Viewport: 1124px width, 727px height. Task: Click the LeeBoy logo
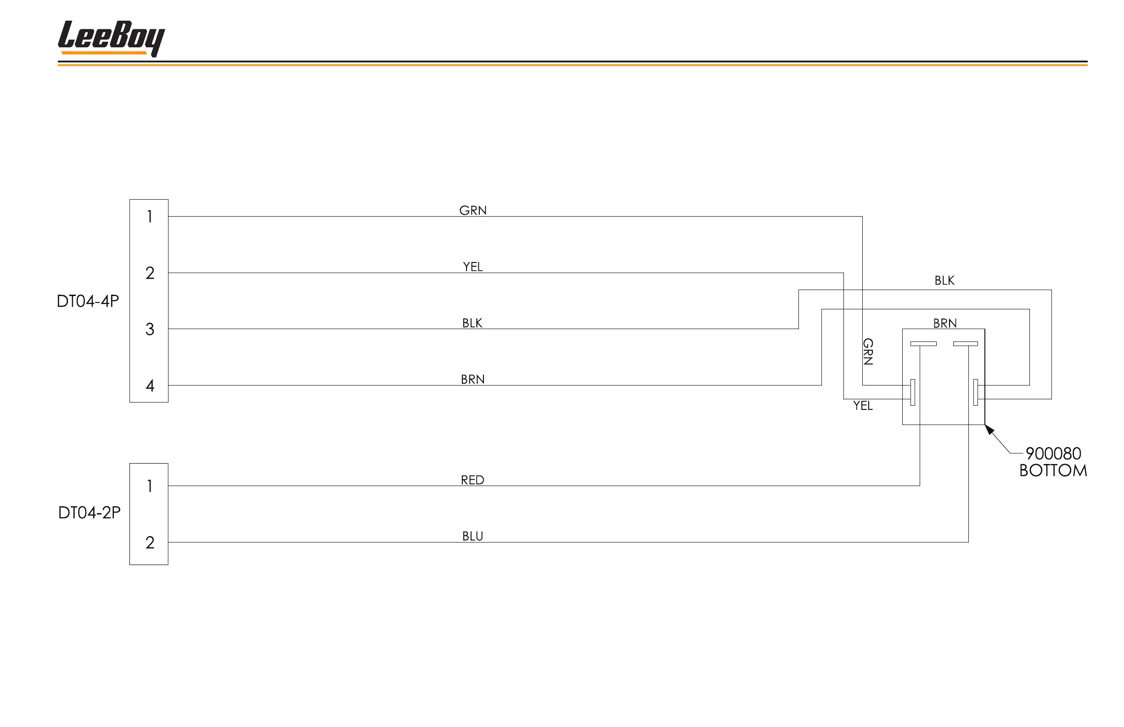click(x=111, y=38)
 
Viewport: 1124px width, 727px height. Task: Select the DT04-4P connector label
click(x=88, y=301)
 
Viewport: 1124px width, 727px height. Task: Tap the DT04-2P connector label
click(x=89, y=512)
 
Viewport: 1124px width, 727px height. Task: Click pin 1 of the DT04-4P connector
click(x=150, y=217)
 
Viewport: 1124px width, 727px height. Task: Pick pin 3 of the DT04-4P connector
click(x=150, y=329)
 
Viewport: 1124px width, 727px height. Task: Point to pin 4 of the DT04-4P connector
click(x=150, y=386)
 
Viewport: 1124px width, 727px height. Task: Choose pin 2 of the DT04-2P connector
click(x=150, y=542)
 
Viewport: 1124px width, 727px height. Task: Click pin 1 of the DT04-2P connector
click(x=150, y=486)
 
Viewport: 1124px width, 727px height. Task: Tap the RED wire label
click(x=472, y=480)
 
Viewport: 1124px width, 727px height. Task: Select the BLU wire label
click(x=472, y=536)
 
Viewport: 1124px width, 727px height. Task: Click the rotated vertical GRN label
click(x=868, y=352)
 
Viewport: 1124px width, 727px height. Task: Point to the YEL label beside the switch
click(x=863, y=406)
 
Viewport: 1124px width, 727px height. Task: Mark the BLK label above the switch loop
click(x=944, y=281)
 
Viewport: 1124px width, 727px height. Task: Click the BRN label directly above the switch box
click(x=944, y=324)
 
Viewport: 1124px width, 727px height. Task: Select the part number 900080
click(x=1053, y=453)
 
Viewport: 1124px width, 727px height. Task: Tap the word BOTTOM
click(x=1053, y=470)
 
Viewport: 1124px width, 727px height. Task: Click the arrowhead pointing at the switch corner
click(x=989, y=429)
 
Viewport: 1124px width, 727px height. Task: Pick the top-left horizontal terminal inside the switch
click(x=923, y=344)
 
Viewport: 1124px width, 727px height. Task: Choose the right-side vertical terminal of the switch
click(x=976, y=392)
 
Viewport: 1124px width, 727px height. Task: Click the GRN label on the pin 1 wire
click(x=473, y=211)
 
